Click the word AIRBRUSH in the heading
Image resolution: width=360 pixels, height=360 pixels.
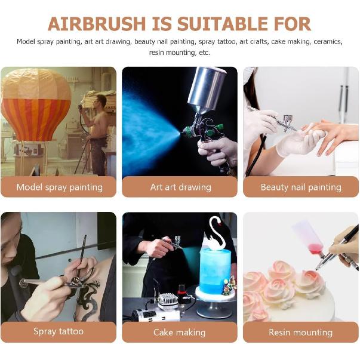pos(97,24)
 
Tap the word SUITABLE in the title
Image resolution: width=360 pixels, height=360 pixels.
pos(222,24)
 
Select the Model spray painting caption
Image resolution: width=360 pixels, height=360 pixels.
pos(60,187)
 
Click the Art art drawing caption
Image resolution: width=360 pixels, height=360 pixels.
pos(181,187)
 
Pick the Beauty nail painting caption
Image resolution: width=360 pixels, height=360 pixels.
pos(301,187)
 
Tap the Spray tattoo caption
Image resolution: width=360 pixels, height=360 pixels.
pos(59,331)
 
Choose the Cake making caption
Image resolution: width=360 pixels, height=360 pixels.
pos(180,332)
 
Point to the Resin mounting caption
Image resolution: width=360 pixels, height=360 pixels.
pos(300,332)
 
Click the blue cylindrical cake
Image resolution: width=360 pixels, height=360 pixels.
pos(215,271)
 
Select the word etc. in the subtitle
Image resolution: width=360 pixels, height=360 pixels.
pos(204,53)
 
